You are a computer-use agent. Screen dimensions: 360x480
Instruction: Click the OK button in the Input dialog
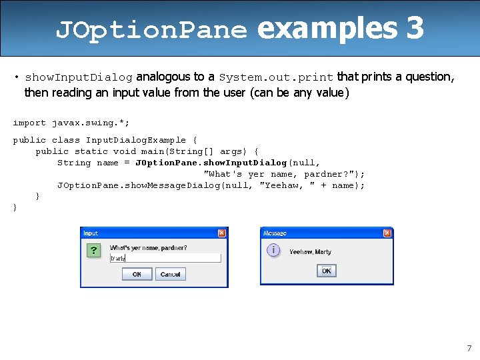click(x=137, y=274)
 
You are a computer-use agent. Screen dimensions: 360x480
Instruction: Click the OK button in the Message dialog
click(x=327, y=271)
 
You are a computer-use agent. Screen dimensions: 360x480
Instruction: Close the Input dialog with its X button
click(x=222, y=233)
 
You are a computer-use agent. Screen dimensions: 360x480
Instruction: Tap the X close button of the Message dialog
click(x=387, y=233)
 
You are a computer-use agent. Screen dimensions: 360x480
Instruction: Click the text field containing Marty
click(x=165, y=258)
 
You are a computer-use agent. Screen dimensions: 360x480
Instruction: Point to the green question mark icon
click(x=94, y=251)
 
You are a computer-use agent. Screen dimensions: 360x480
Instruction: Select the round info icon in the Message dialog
click(x=273, y=251)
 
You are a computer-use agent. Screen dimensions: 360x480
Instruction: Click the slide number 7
click(x=469, y=348)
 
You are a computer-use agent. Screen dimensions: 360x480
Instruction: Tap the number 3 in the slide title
click(x=414, y=29)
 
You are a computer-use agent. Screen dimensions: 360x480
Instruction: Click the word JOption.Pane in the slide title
click(x=151, y=30)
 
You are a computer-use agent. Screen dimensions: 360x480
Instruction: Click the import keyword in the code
click(x=29, y=123)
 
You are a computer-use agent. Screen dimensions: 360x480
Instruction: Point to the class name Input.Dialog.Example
click(x=136, y=140)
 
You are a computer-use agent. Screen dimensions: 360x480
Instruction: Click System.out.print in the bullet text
click(x=277, y=77)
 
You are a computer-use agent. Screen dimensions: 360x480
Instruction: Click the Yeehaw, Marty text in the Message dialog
click(x=310, y=252)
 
